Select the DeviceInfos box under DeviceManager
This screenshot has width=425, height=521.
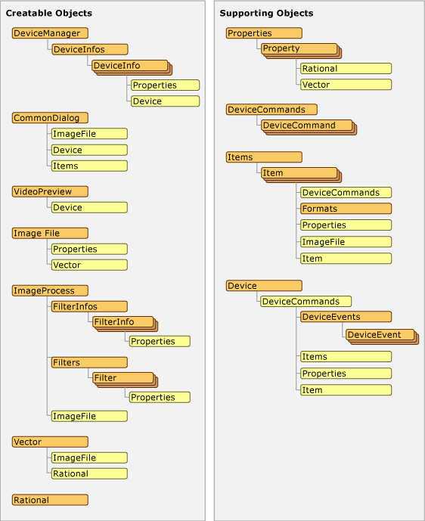(89, 49)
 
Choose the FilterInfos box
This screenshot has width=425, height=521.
(89, 306)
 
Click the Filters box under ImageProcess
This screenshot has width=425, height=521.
(89, 362)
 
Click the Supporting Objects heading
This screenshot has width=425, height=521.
(266, 14)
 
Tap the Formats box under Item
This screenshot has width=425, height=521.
(346, 209)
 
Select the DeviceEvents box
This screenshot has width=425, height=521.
(346, 317)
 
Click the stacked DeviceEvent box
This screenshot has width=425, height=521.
(380, 334)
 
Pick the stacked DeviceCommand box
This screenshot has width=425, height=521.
(307, 126)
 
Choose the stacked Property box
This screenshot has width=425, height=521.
(299, 48)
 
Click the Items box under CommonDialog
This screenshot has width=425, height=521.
(89, 166)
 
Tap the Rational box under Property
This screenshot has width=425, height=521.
(346, 69)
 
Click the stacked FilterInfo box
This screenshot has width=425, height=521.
(122, 322)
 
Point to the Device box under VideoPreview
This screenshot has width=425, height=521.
(89, 207)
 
